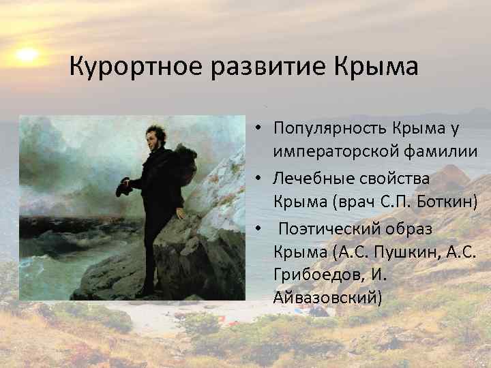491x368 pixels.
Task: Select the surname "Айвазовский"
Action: tap(327, 298)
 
